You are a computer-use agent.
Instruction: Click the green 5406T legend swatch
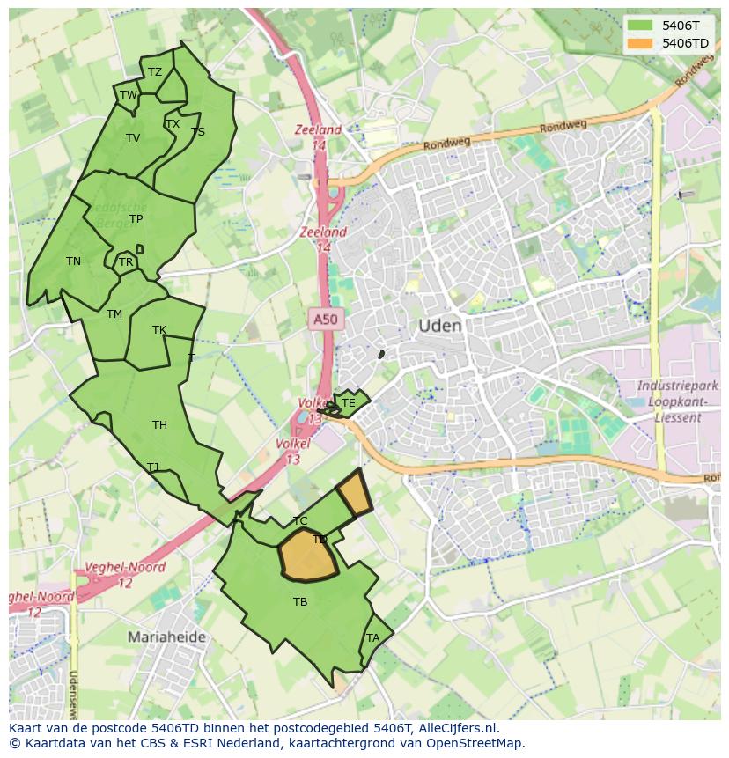pos(640,26)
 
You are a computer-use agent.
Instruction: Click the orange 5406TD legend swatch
pos(640,43)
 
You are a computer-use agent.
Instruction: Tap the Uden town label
pos(439,326)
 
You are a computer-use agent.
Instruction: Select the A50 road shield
pos(325,319)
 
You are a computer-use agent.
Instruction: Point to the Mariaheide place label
pos(166,637)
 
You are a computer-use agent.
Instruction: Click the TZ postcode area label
pos(155,73)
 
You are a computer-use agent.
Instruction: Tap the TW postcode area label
pos(129,95)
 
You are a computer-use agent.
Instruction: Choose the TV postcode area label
pos(133,138)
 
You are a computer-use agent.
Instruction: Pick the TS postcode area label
pos(198,132)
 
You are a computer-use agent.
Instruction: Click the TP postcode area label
pos(136,219)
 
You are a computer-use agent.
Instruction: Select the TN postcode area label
pos(73,261)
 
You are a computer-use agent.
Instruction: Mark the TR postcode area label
pos(126,262)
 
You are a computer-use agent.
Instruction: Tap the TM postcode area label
pos(114,314)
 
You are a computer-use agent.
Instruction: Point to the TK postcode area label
pos(159,331)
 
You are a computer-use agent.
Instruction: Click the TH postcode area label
pos(159,425)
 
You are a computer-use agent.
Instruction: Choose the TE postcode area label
pos(348,403)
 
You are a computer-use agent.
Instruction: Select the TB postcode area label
pos(300,602)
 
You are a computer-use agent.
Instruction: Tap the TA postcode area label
pos(372,638)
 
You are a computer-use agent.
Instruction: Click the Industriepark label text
pos(677,386)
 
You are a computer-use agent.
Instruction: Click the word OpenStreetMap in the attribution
pos(475,743)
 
